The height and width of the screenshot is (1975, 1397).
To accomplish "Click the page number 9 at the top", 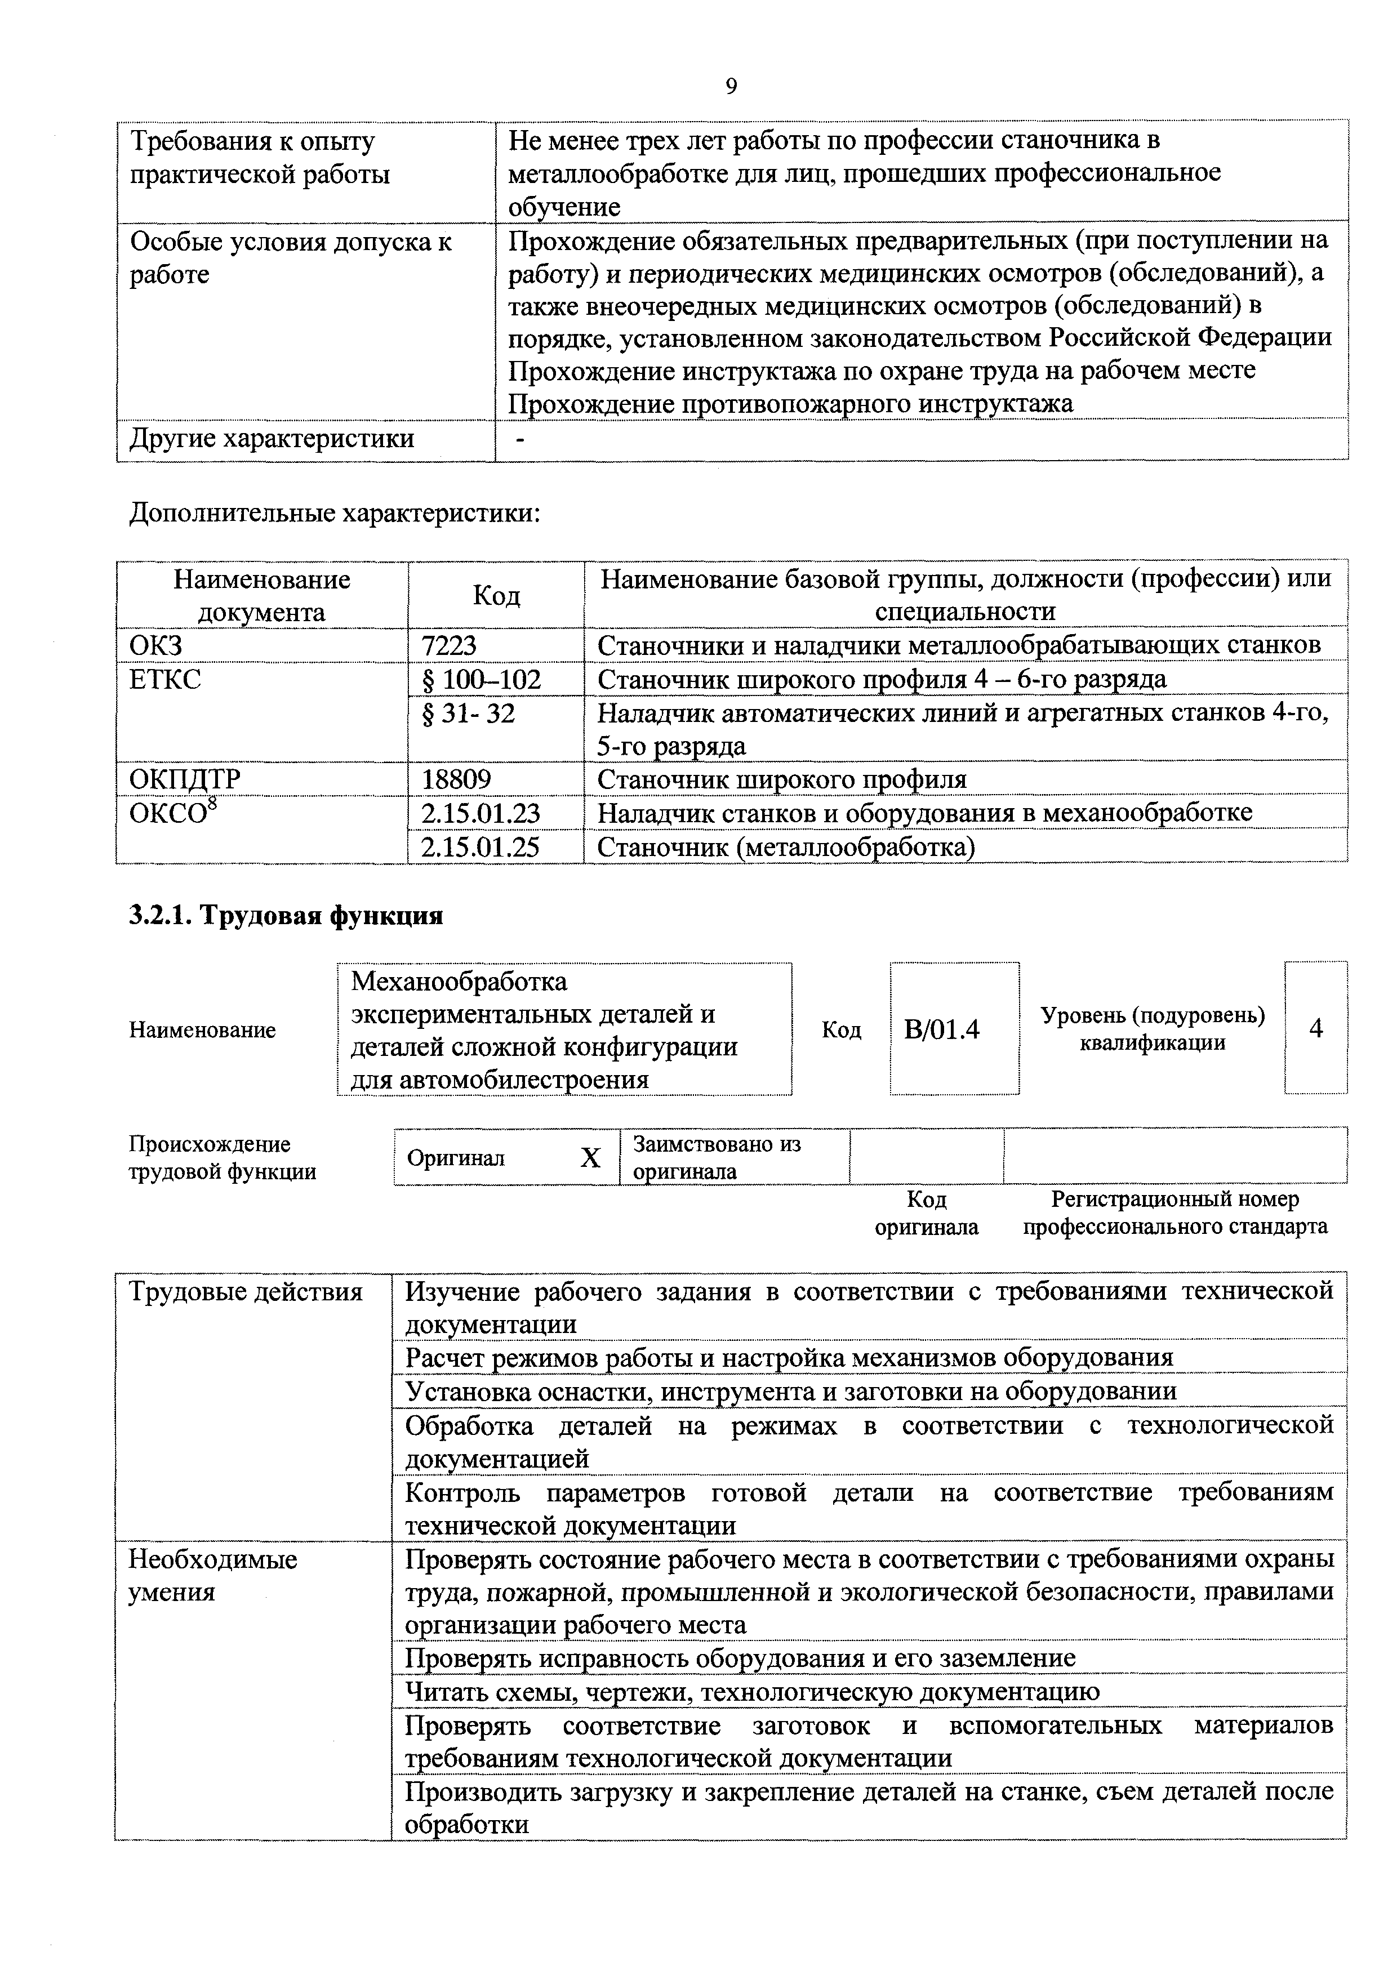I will click(x=731, y=86).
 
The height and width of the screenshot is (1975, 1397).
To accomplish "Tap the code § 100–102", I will click(x=482, y=680).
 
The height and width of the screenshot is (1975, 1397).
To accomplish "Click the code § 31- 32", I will click(x=469, y=713).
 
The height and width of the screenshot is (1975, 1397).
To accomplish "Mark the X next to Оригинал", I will click(x=589, y=1158).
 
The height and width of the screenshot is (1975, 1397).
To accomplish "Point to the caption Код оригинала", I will click(x=927, y=1213).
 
